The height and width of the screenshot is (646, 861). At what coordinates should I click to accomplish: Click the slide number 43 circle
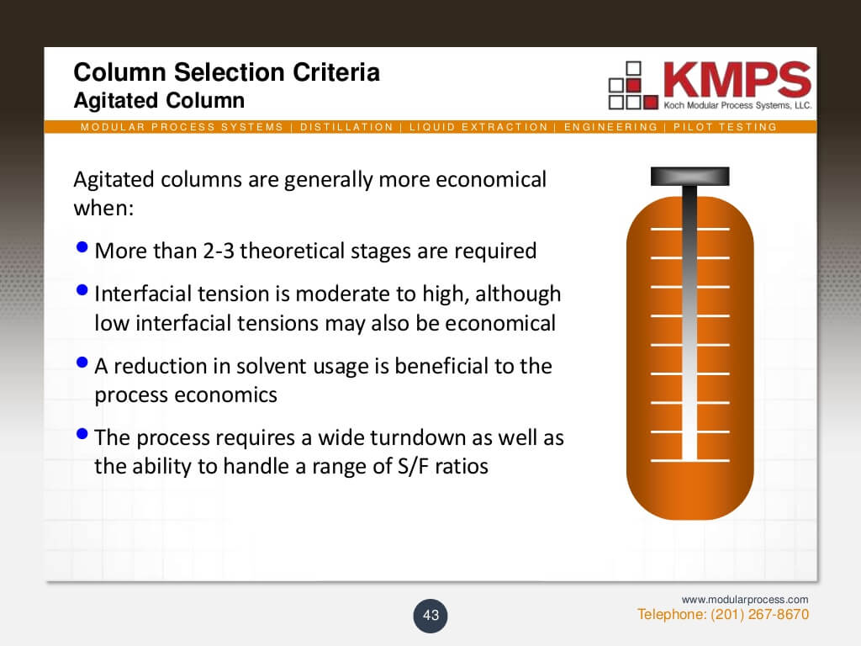(430, 615)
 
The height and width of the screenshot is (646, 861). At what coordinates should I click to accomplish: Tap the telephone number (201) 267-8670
(759, 614)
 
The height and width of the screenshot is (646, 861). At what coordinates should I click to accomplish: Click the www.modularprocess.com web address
(745, 599)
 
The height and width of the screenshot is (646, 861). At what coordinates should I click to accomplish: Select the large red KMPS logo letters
(737, 79)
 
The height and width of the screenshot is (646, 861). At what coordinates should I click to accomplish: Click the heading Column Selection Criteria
(227, 72)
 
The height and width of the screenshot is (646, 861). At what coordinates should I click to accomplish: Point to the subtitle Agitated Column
(159, 101)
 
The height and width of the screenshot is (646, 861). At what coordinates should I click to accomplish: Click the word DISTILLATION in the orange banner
(346, 127)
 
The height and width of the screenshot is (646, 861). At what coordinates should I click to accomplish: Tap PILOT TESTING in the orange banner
(725, 127)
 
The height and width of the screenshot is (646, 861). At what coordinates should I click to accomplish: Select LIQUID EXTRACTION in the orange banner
(478, 127)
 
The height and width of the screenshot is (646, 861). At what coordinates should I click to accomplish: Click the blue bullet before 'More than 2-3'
(82, 247)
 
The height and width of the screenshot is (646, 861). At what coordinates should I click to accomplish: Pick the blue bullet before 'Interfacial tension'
(82, 290)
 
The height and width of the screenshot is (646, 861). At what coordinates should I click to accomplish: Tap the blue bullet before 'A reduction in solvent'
(82, 362)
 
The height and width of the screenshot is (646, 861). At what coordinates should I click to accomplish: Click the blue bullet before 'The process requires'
(82, 434)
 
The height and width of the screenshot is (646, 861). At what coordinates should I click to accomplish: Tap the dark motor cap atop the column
(689, 177)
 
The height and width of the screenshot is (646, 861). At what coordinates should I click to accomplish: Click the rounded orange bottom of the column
(689, 490)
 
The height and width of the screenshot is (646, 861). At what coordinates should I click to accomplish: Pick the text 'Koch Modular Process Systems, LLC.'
(737, 105)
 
